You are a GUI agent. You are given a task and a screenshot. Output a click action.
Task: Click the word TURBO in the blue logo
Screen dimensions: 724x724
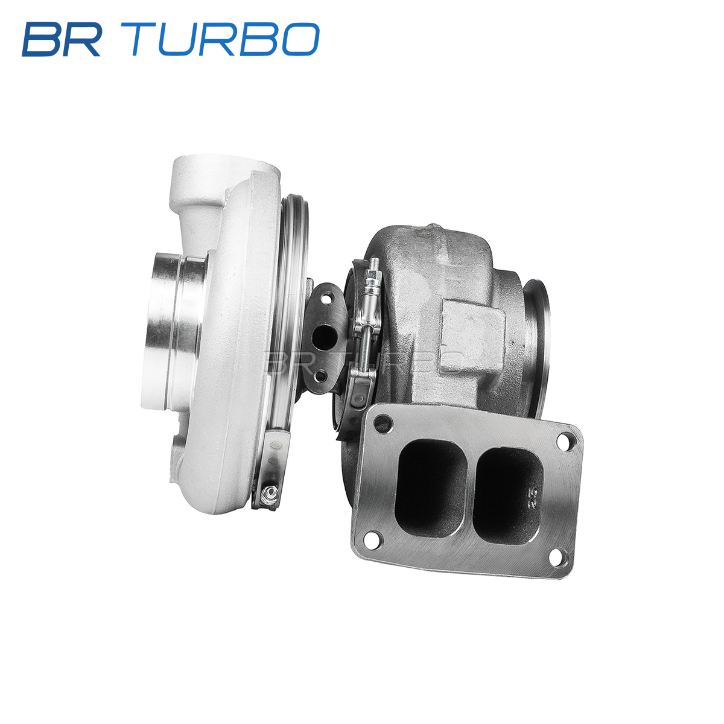(226, 39)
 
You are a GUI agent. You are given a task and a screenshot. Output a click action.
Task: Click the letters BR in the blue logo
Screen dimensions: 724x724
(62, 39)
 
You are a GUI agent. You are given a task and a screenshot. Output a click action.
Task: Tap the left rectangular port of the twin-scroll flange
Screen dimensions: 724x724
(433, 488)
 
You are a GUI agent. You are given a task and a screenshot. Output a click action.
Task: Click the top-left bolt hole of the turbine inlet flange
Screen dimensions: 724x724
(383, 423)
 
